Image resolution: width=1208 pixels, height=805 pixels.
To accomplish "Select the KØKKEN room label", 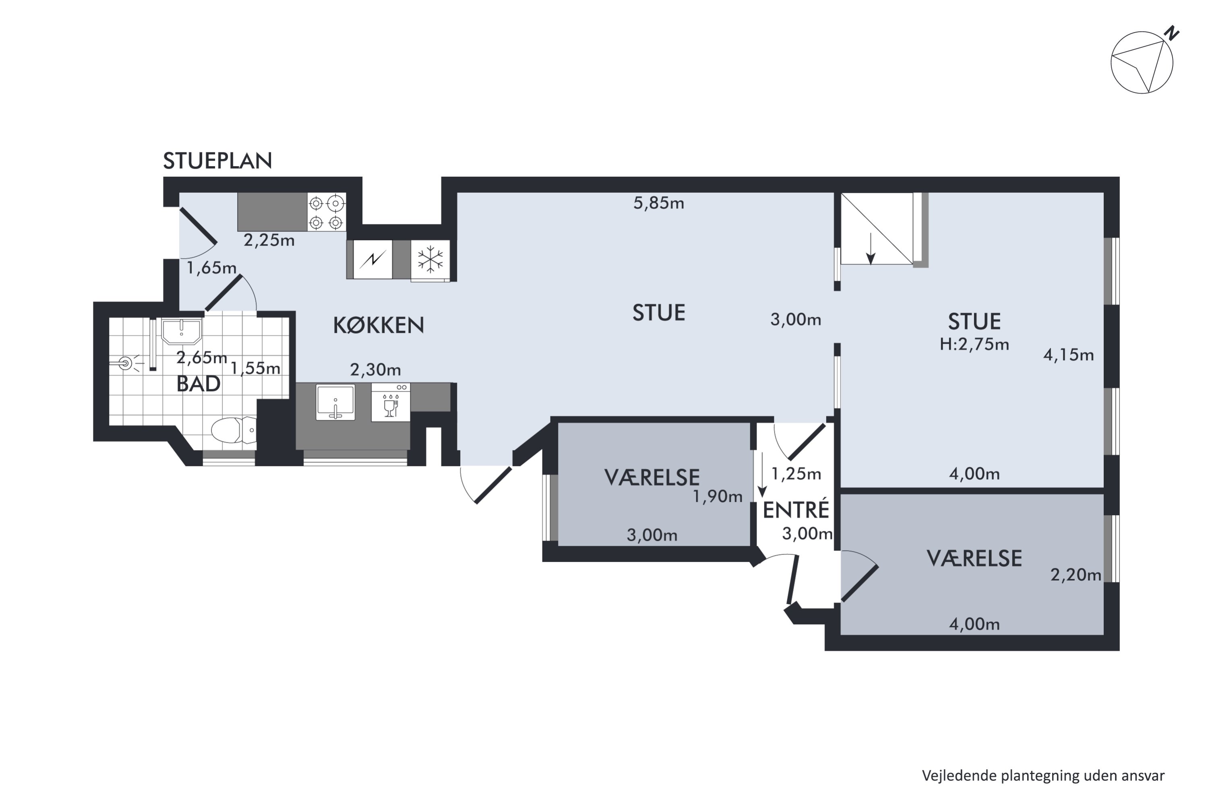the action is [x=379, y=325].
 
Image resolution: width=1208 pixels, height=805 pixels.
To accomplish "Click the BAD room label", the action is [x=198, y=384].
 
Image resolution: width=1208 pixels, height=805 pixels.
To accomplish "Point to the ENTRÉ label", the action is [x=796, y=510].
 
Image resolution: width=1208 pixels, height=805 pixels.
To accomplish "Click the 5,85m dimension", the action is [x=658, y=203].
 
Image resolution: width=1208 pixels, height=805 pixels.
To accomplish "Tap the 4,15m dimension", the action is [x=1068, y=355].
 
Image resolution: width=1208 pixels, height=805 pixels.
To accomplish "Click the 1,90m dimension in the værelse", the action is [x=718, y=496].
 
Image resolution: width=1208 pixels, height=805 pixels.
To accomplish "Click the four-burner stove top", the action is [x=326, y=212].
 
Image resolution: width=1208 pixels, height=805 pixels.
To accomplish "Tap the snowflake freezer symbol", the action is [x=430, y=260].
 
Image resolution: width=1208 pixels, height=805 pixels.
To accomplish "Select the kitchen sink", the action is [x=335, y=402].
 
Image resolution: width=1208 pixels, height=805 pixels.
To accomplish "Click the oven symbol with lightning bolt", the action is [x=373, y=260].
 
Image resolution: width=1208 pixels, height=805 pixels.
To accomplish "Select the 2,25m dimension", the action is [x=269, y=240].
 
